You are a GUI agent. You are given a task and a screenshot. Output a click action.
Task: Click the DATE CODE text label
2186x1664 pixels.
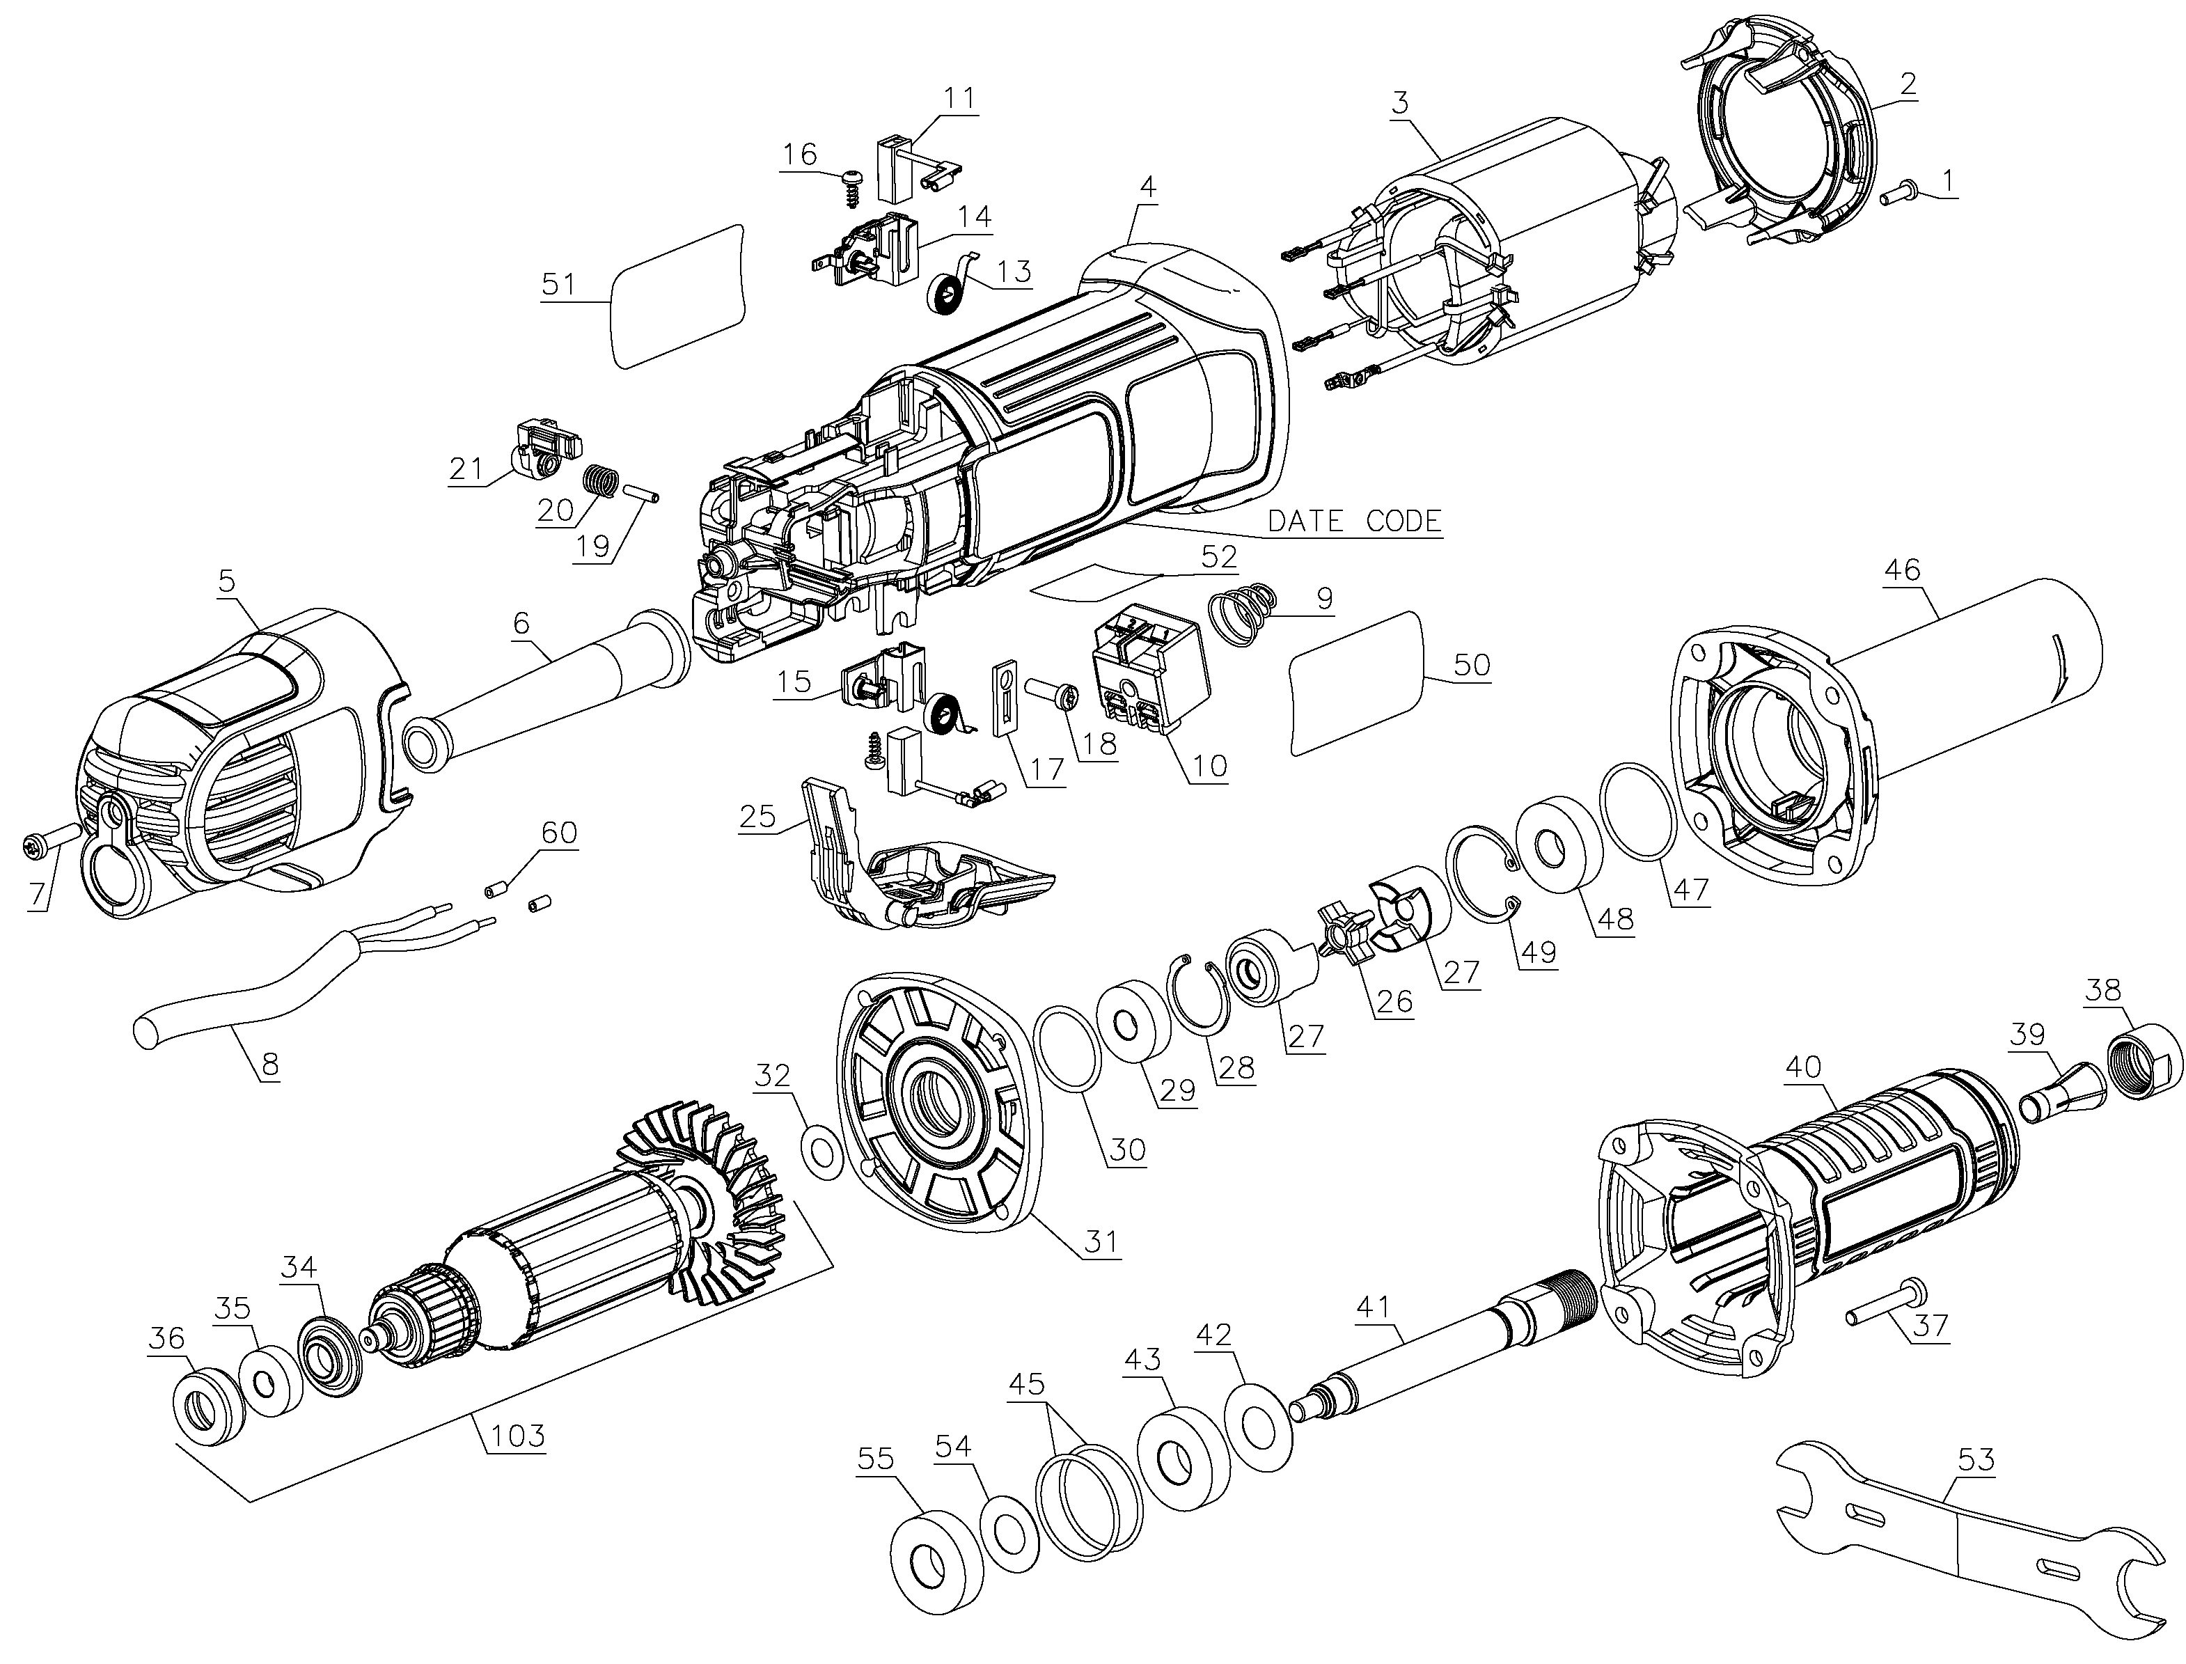(1355, 520)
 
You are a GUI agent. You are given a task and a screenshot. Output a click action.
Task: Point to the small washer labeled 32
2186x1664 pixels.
(819, 1153)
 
